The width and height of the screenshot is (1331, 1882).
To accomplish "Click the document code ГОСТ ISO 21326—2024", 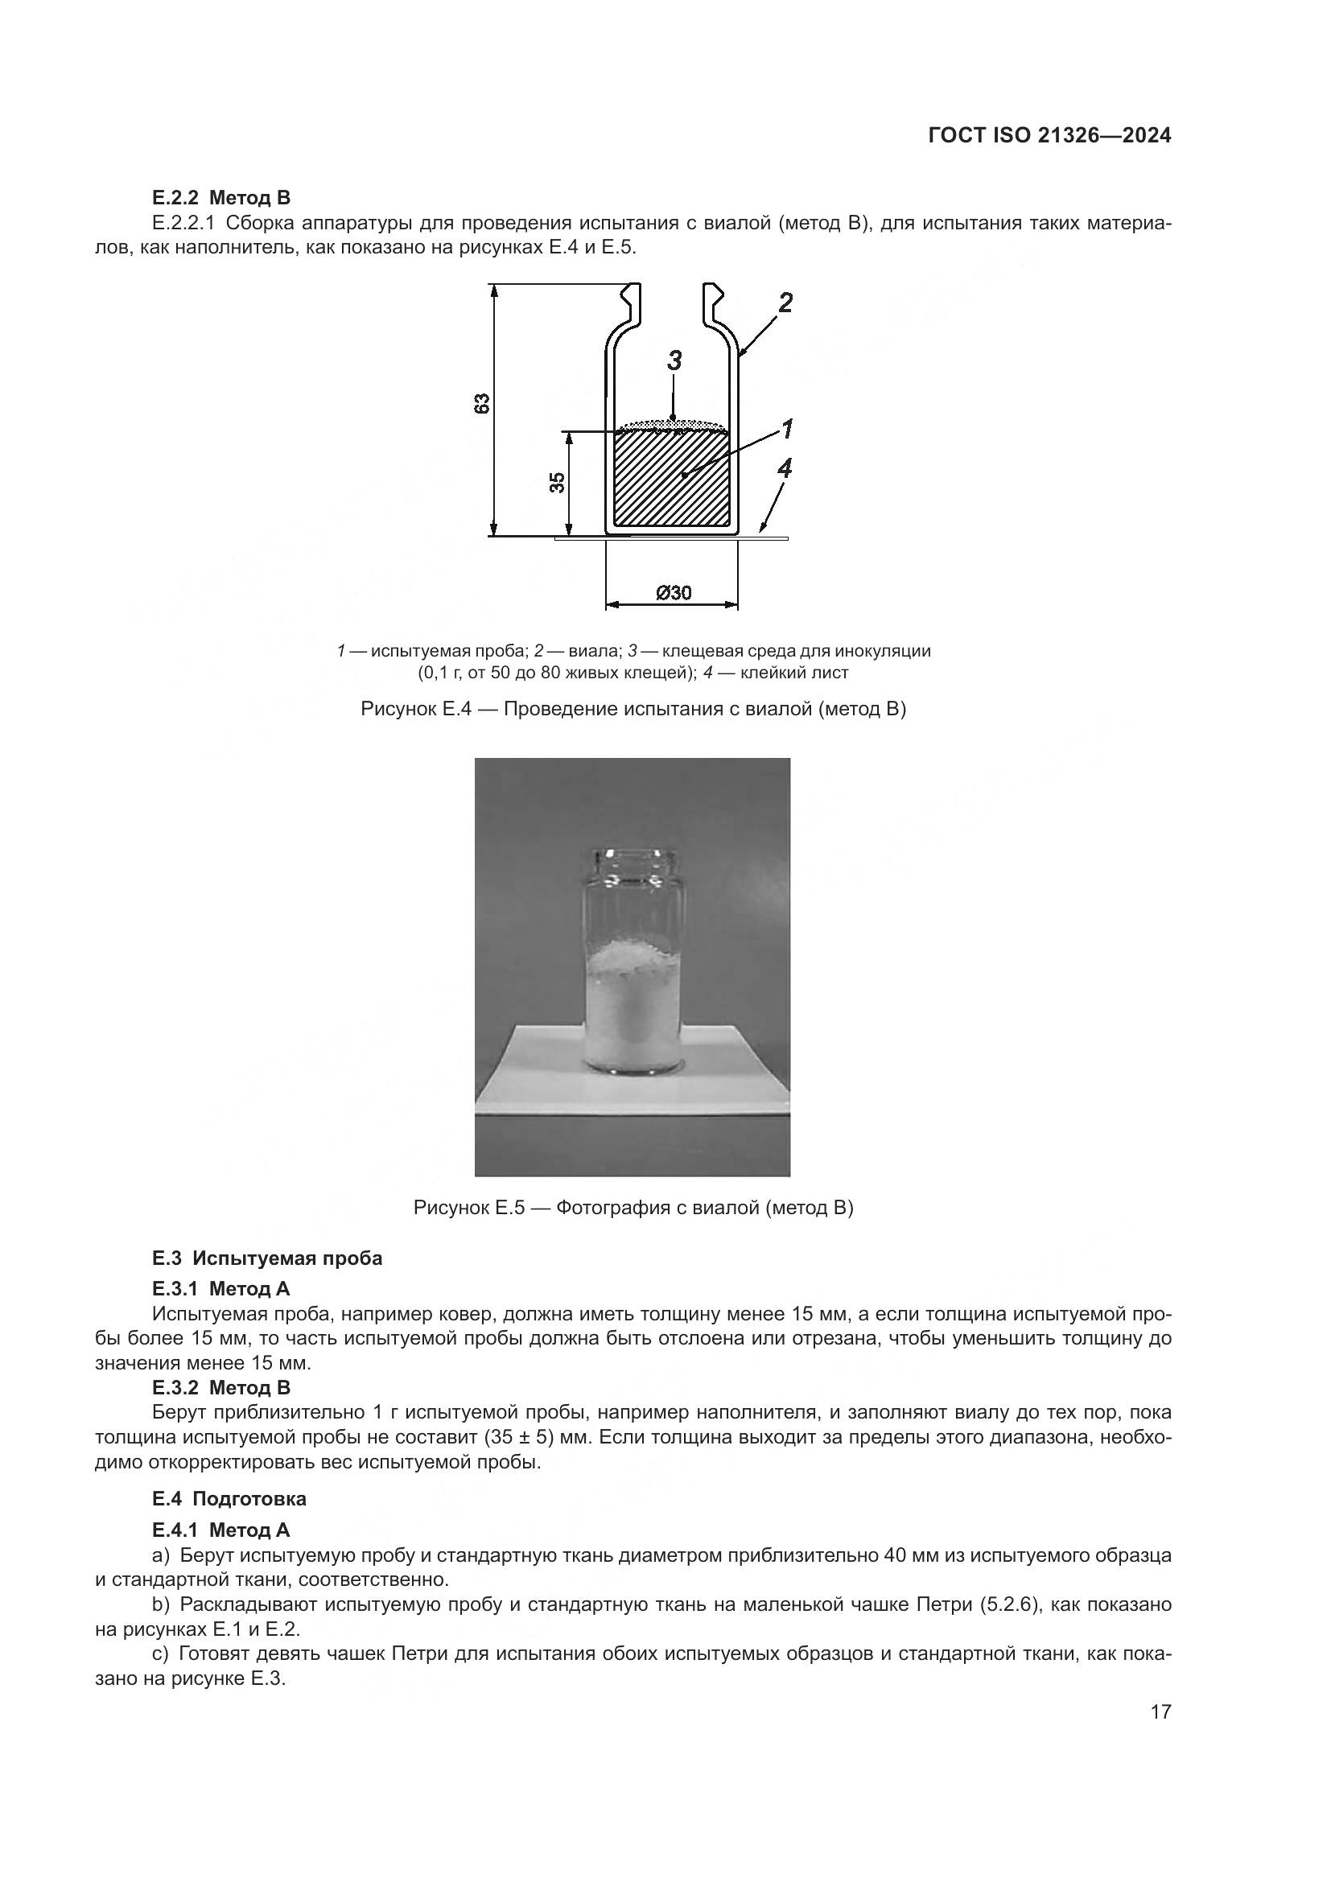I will point(1049,136).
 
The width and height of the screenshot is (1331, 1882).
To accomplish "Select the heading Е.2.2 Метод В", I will point(221,198).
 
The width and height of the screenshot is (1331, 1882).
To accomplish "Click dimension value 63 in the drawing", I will point(482,403).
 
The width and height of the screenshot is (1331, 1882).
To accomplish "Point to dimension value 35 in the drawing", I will point(558,482).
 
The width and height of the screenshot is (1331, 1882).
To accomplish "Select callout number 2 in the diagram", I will point(785,303).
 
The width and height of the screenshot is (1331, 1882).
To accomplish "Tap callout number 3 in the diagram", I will point(674,360).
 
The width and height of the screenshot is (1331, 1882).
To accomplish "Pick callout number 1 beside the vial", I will point(786,428).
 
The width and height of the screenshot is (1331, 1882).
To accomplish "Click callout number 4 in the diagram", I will point(785,469).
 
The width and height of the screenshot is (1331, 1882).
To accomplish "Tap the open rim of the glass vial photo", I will point(633,857).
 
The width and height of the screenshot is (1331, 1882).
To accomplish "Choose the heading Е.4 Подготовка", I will point(229,1498).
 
